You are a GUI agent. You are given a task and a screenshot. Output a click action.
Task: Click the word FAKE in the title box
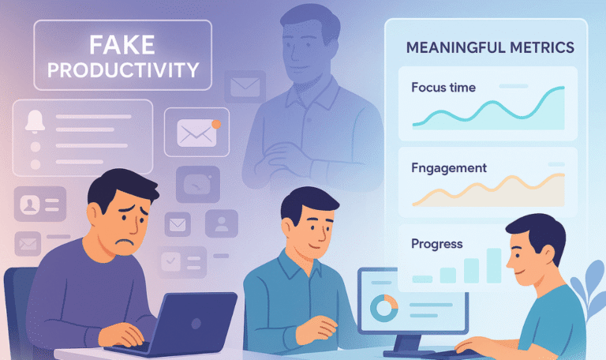pos(122,44)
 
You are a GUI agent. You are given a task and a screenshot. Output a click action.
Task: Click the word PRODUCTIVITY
pos(122,69)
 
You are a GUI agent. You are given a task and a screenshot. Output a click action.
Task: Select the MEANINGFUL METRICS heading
pos(489,48)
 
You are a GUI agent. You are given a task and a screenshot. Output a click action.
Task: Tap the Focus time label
pos(443,87)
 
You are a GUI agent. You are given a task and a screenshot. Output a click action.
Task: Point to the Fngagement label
pos(449,167)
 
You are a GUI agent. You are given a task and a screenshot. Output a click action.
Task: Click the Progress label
pos(437,244)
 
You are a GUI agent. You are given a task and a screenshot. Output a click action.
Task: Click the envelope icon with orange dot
pos(196,132)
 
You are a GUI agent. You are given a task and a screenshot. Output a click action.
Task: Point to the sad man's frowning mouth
pos(121,237)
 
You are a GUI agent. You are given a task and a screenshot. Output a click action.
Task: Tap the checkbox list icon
pos(171,261)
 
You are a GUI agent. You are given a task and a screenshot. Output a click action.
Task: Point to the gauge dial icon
pos(193,184)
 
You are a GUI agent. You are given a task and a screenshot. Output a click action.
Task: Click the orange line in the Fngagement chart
pos(489,189)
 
